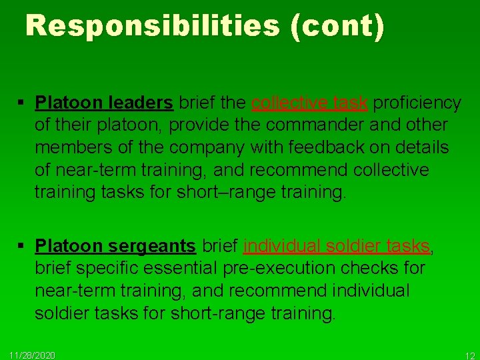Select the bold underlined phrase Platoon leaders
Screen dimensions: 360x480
(x=104, y=103)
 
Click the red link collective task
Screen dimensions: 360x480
(x=309, y=103)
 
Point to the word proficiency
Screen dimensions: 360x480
(x=417, y=103)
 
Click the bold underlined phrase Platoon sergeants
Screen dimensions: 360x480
(x=115, y=247)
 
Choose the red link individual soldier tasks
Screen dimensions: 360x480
(x=337, y=247)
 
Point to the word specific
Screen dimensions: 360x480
(x=107, y=269)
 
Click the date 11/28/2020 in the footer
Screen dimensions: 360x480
(x=32, y=355)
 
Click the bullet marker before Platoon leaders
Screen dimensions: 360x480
(x=23, y=103)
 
